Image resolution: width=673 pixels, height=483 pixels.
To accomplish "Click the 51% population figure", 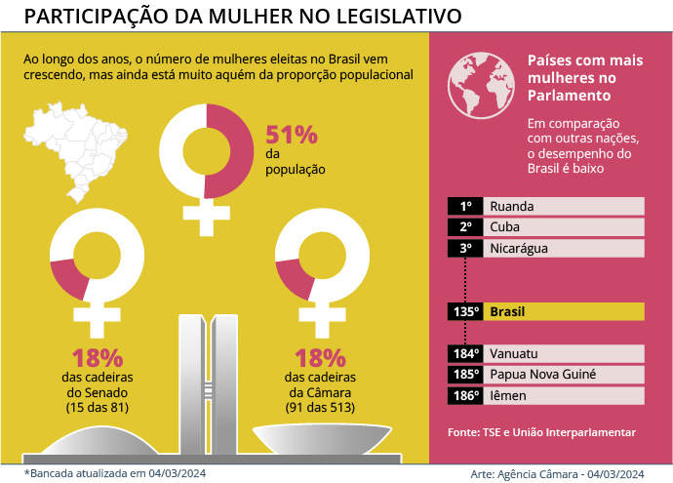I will (291, 135).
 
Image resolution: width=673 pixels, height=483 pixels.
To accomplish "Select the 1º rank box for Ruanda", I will (466, 206).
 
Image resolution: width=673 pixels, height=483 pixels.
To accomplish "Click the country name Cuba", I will (505, 226).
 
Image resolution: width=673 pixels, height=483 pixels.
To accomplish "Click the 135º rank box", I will (466, 311).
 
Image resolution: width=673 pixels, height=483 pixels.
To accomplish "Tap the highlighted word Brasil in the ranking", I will (507, 311).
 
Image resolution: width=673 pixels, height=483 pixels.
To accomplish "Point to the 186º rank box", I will (466, 395).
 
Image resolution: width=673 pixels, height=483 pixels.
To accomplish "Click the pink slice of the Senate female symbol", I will (68, 277).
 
